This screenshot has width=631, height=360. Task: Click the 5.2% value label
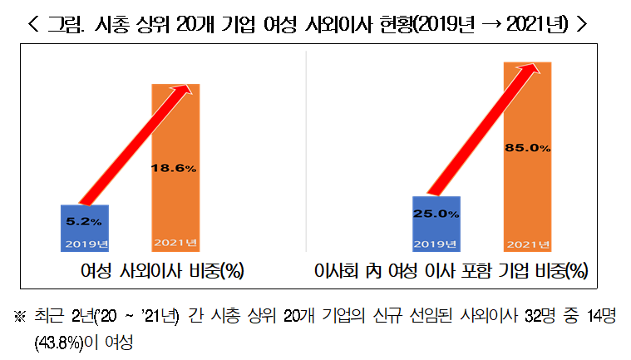tap(84, 222)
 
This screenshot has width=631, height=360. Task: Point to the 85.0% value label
tap(528, 148)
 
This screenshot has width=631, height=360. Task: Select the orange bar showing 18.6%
tap(175, 200)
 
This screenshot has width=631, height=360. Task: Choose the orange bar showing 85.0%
tap(528, 183)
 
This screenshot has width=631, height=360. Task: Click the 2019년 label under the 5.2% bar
tap(84, 244)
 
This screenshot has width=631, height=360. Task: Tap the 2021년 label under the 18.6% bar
tap(175, 244)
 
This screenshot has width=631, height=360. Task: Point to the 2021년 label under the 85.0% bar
tap(528, 244)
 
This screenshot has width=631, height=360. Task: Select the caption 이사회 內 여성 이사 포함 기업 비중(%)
tap(450, 271)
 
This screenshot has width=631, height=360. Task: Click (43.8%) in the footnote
tap(57, 342)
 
